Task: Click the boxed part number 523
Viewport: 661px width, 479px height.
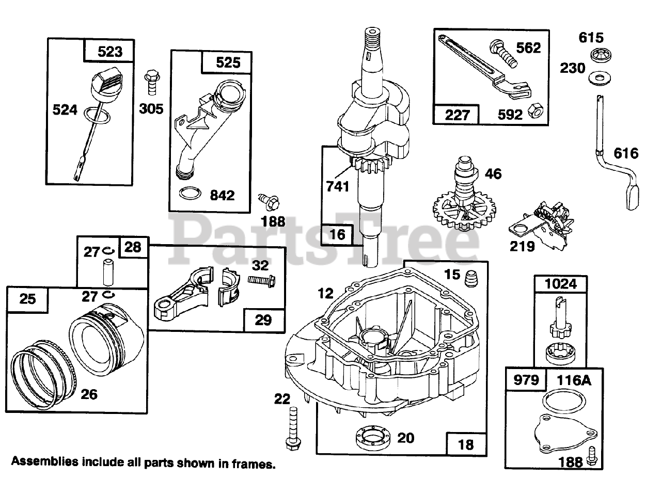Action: click(x=109, y=52)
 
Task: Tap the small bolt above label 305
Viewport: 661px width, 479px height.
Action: click(x=151, y=81)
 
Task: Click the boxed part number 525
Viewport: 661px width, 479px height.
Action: click(x=228, y=62)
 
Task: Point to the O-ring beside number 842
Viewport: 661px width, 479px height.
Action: click(x=190, y=195)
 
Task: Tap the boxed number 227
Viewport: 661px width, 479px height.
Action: click(x=457, y=114)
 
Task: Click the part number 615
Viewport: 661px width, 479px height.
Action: click(x=591, y=38)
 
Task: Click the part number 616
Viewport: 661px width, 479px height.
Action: click(x=626, y=153)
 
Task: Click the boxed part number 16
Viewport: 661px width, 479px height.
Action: click(x=337, y=235)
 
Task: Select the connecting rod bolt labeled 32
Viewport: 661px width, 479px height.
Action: click(x=261, y=280)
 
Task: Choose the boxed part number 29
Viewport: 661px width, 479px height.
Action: click(x=263, y=320)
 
